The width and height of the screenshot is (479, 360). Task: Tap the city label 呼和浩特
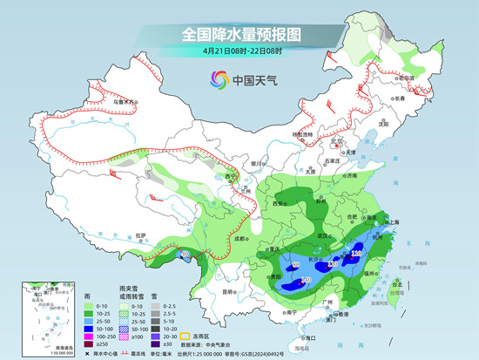[302, 135]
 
